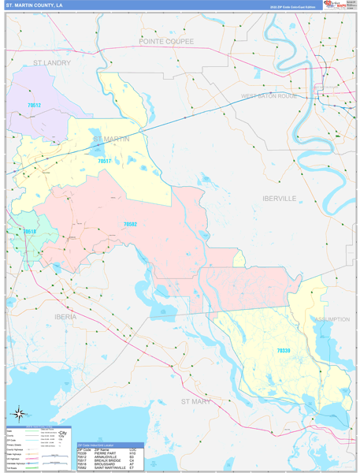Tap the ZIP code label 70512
pos(34,105)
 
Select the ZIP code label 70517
pos(105,161)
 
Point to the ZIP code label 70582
pos(130,225)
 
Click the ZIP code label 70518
pos(30,232)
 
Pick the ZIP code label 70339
pos(284,350)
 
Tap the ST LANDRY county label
pos(52,62)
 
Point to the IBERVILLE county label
pos(280,199)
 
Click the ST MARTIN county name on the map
pos(111,140)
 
